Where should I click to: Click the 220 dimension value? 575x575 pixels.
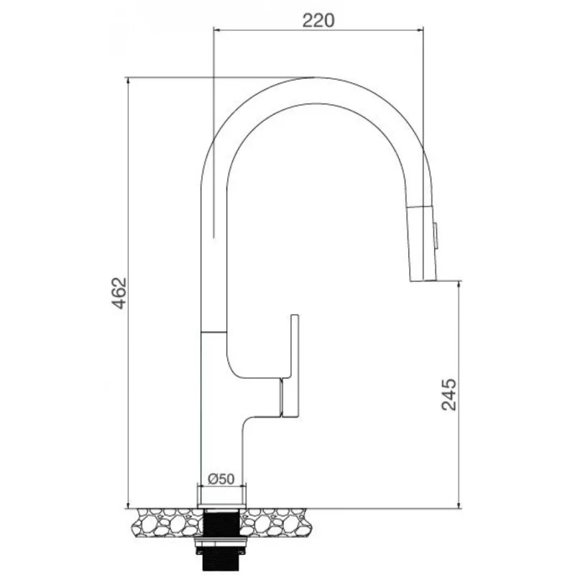[x=318, y=21]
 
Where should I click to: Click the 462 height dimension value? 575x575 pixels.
[x=119, y=293]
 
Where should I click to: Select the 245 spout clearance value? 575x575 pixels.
[x=448, y=394]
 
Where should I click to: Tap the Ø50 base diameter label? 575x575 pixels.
[x=221, y=479]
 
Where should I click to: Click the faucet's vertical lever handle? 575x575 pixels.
[x=295, y=366]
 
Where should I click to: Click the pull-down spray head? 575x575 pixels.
[x=423, y=244]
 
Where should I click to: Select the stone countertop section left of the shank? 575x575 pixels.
[x=167, y=523]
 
